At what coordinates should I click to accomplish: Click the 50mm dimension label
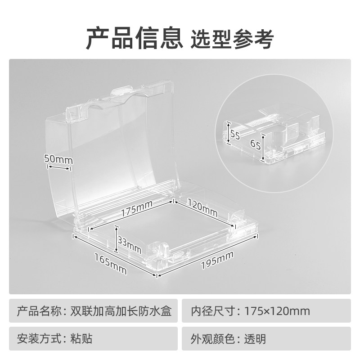tap(58, 159)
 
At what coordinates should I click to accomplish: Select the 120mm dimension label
tap(202, 207)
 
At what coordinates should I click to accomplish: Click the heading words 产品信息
tap(134, 38)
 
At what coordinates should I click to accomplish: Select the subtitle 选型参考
tap(232, 39)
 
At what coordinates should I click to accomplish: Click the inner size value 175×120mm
tap(277, 311)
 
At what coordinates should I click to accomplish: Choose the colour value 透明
tap(255, 338)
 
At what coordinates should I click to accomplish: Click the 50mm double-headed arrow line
tap(59, 168)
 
